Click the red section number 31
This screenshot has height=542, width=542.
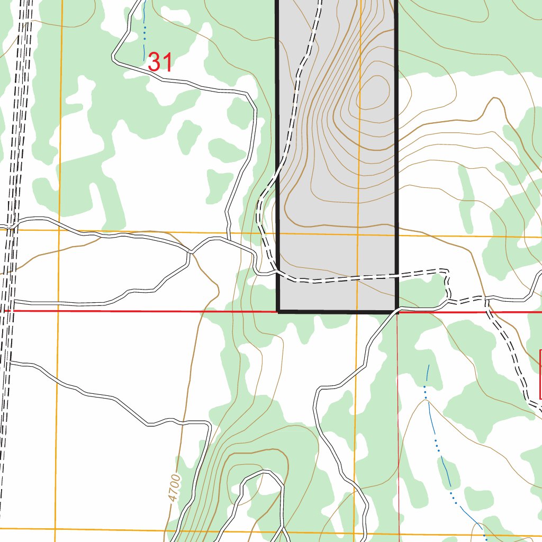[160, 62]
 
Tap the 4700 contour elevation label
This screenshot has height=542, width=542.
[174, 488]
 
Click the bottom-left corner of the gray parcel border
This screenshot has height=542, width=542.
[278, 311]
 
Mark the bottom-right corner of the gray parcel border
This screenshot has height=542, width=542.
[396, 311]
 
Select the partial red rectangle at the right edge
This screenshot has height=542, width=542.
[540, 374]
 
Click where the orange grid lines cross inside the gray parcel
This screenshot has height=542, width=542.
[358, 234]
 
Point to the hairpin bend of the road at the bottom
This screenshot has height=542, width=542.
[262, 473]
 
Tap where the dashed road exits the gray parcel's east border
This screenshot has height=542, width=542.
[396, 275]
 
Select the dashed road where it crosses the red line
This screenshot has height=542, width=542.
[487, 311]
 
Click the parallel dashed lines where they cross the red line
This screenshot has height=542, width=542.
[6, 311]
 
